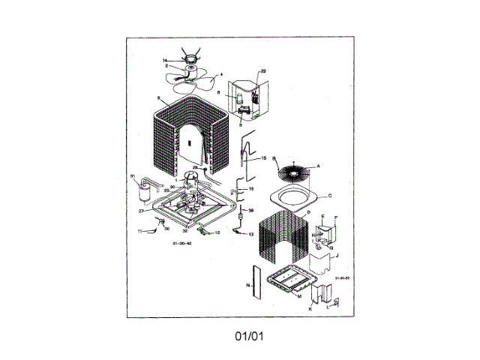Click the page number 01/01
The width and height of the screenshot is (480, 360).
248,334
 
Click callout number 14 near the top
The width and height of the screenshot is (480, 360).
165,60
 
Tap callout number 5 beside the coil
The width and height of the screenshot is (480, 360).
160,98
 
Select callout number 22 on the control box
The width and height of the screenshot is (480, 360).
263,72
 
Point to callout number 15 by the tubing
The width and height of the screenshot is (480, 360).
263,159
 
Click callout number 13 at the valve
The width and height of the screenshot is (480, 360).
251,234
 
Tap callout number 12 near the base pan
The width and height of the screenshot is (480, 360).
217,232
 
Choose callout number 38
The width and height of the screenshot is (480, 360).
251,210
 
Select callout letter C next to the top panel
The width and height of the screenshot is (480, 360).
329,195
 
